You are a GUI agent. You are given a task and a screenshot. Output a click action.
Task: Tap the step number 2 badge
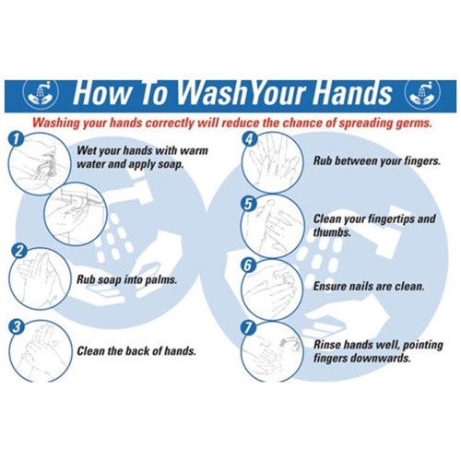click(18, 251)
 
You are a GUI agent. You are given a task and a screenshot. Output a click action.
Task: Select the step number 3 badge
click(17, 326)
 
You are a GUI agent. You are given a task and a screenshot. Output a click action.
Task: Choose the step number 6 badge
click(248, 266)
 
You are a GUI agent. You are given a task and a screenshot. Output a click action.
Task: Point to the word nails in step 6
click(361, 287)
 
